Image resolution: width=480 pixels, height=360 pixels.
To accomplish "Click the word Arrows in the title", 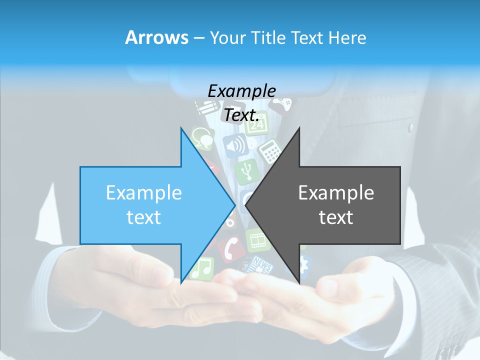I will point(156,37).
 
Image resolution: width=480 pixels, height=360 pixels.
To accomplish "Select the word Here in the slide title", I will point(347,37).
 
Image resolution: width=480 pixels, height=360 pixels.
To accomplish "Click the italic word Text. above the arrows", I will point(241,115).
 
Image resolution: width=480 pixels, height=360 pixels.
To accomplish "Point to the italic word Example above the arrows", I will point(241,91).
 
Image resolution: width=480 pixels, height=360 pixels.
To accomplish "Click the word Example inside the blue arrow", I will point(143,193).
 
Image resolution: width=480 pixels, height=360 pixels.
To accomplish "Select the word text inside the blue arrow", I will point(143,217).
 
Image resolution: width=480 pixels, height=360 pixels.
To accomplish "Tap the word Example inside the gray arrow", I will point(336,193).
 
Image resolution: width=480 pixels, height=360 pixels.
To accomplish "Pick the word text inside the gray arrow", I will point(336,217).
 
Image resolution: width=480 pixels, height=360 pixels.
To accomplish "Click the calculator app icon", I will point(270,150).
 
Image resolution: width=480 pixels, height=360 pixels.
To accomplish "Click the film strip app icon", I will point(258,240).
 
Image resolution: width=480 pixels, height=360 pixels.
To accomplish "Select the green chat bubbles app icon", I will point(202,137).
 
